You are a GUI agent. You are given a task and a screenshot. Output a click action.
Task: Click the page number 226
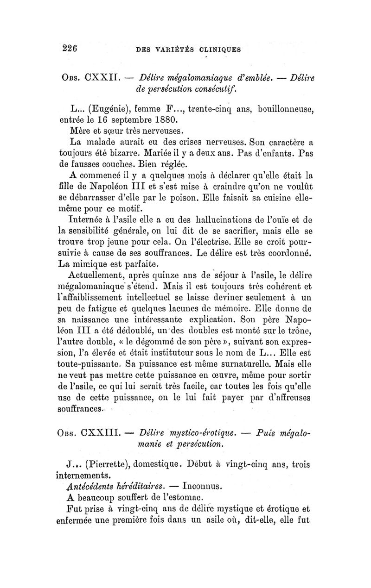70,47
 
